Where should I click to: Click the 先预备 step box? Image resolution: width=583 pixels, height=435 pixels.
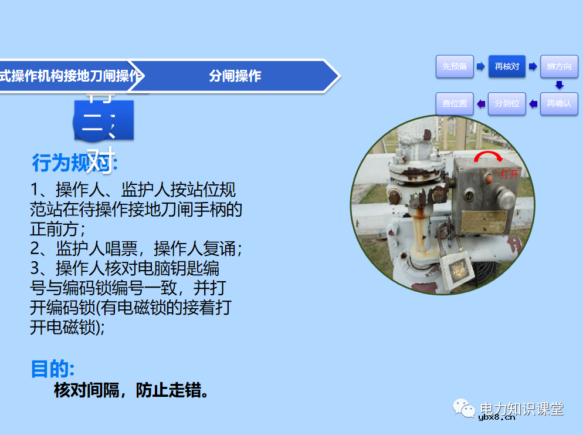(455, 66)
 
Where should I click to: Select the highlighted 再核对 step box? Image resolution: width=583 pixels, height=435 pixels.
(507, 66)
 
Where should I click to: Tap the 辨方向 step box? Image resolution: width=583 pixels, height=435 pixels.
(559, 66)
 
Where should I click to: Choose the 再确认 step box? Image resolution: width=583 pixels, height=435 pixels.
(559, 103)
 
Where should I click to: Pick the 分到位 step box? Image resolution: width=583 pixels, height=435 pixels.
(507, 103)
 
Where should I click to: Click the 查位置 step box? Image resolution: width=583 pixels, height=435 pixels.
(455, 103)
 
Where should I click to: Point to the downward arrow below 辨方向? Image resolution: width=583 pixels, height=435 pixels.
(559, 85)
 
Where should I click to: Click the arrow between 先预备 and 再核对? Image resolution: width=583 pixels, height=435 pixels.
(480, 66)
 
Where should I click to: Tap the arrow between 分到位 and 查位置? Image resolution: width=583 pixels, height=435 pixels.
(481, 104)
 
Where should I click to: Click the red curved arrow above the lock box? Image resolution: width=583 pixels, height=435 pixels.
(488, 156)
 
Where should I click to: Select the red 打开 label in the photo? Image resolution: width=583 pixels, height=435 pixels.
(510, 174)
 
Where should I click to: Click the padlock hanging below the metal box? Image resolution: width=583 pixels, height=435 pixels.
(457, 271)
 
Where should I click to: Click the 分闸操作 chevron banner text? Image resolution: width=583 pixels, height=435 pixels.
(235, 76)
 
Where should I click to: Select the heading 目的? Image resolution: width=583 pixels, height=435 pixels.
(52, 369)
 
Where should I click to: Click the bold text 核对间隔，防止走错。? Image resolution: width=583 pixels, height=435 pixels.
(132, 390)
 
